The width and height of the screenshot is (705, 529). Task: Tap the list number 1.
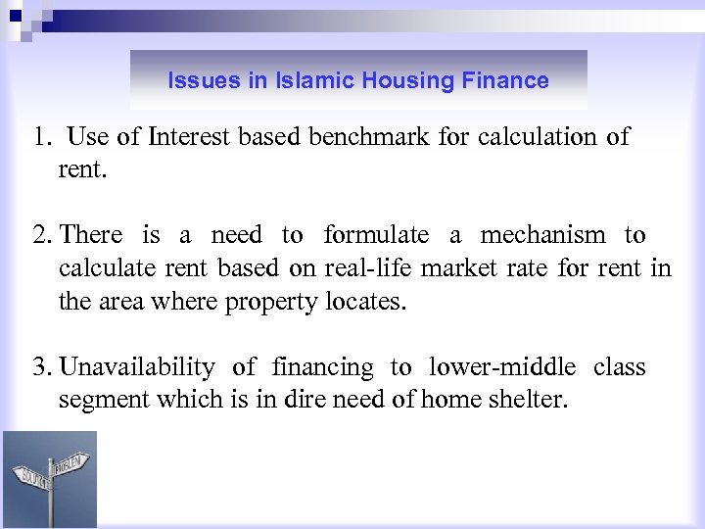tap(38, 137)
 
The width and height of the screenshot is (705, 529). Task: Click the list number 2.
tap(39, 235)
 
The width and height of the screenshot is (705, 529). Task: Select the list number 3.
tap(39, 367)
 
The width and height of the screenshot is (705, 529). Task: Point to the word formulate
tap(376, 235)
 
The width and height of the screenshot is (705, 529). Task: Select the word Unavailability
tap(137, 367)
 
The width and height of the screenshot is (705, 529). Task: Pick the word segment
tap(97, 401)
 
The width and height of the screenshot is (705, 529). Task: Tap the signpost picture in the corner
tap(50, 479)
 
